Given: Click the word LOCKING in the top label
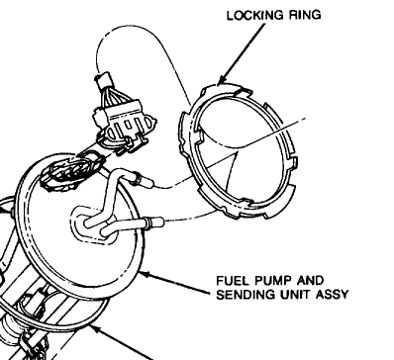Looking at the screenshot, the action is click(x=255, y=15).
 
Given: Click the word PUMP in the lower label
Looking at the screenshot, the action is click(x=272, y=281).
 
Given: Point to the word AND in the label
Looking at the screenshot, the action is click(x=310, y=281).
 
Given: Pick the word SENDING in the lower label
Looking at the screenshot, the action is click(x=245, y=295).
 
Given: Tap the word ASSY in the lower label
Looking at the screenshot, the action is click(x=332, y=295).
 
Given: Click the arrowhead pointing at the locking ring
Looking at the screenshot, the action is click(x=222, y=79).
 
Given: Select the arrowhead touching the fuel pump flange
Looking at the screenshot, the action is click(x=146, y=274).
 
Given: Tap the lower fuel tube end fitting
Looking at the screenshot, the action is click(x=155, y=223).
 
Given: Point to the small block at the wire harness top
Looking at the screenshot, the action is click(x=103, y=80).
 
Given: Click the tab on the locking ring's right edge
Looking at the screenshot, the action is click(x=294, y=162).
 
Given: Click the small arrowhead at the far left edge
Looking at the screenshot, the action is click(x=4, y=210).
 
